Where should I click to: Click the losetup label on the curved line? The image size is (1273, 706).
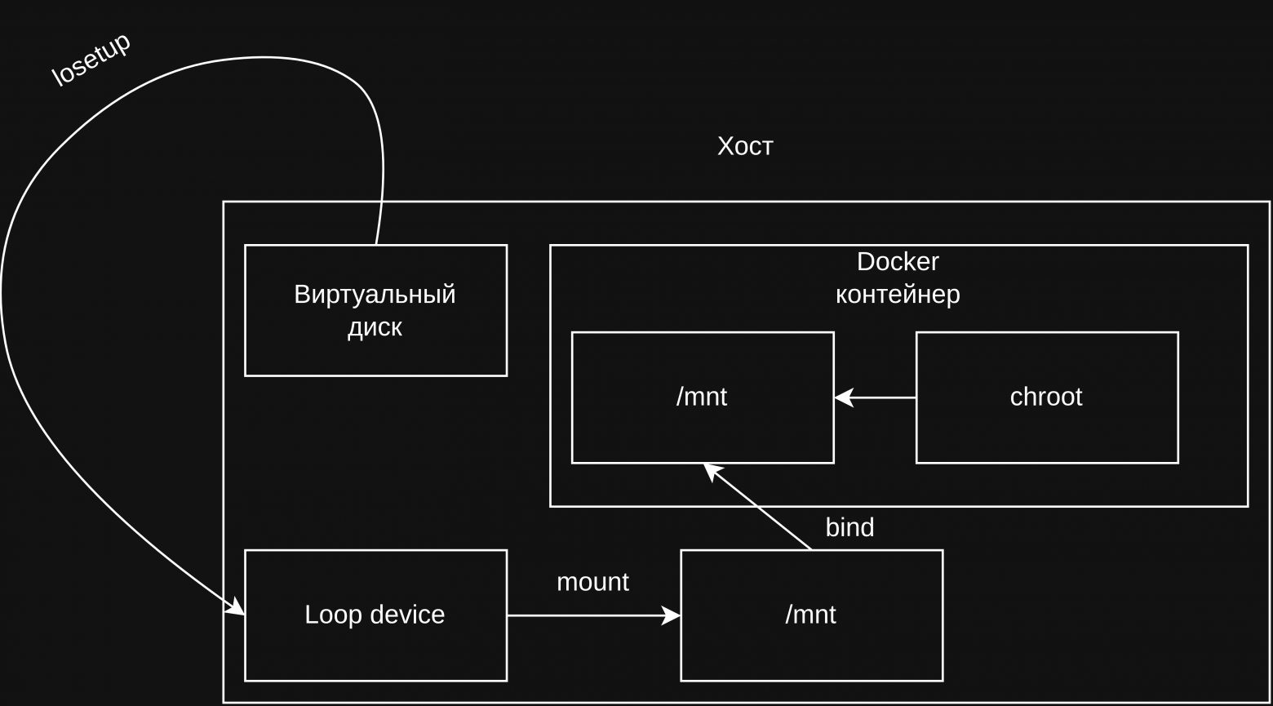[91, 61]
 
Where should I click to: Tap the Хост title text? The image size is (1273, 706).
[744, 146]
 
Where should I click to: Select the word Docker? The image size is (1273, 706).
[898, 262]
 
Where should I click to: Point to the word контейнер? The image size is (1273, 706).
[898, 294]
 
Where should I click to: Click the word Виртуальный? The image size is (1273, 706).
[375, 294]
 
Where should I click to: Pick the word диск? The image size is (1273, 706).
[375, 327]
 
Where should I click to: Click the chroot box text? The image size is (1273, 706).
[1045, 397]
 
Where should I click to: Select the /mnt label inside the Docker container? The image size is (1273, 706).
[701, 397]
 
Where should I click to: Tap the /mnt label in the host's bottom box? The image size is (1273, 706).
[810, 615]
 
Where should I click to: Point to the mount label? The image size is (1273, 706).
[592, 582]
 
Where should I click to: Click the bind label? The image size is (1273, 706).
[849, 528]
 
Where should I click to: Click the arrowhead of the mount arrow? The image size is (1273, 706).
[672, 615]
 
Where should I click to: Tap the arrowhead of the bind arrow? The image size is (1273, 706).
[712, 470]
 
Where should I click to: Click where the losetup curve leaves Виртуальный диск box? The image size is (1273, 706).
[376, 243]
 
